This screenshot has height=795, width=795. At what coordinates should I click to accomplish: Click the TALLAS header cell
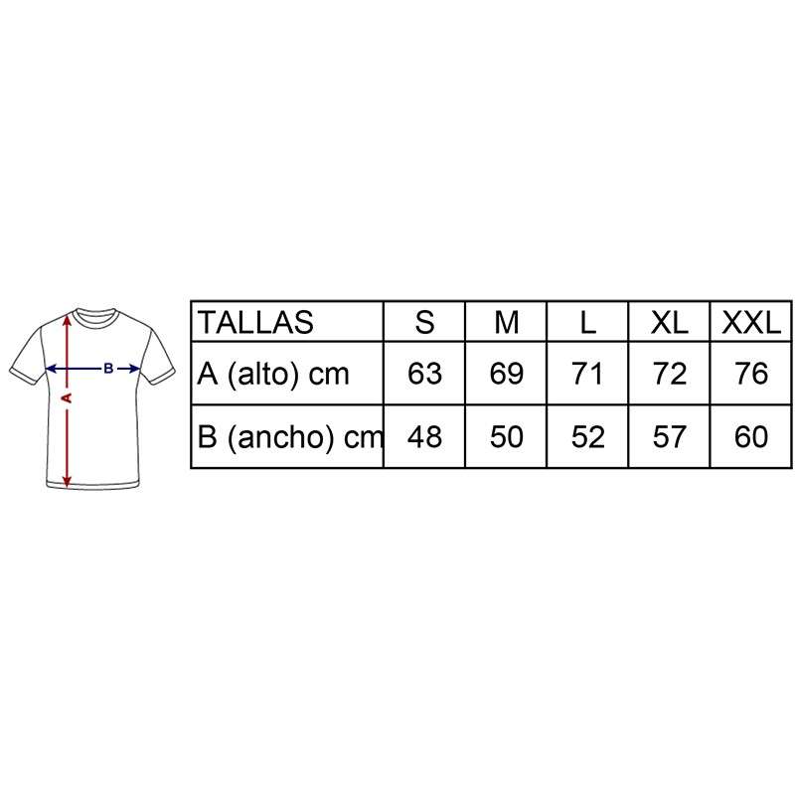[255, 322]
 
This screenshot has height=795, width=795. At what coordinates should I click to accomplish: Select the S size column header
[424, 322]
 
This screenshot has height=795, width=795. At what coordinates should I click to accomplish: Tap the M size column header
[507, 322]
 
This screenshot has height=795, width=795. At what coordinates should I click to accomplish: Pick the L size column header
[587, 322]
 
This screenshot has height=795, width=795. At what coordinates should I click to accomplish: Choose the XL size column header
[669, 322]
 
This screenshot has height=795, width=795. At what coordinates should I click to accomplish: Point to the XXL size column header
[751, 322]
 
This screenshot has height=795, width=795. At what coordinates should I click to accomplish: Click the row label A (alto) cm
[273, 375]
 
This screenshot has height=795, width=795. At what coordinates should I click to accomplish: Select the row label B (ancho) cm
[290, 437]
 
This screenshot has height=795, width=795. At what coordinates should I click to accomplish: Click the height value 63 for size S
[424, 374]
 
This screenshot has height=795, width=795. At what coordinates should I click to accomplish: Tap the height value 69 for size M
[507, 374]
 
